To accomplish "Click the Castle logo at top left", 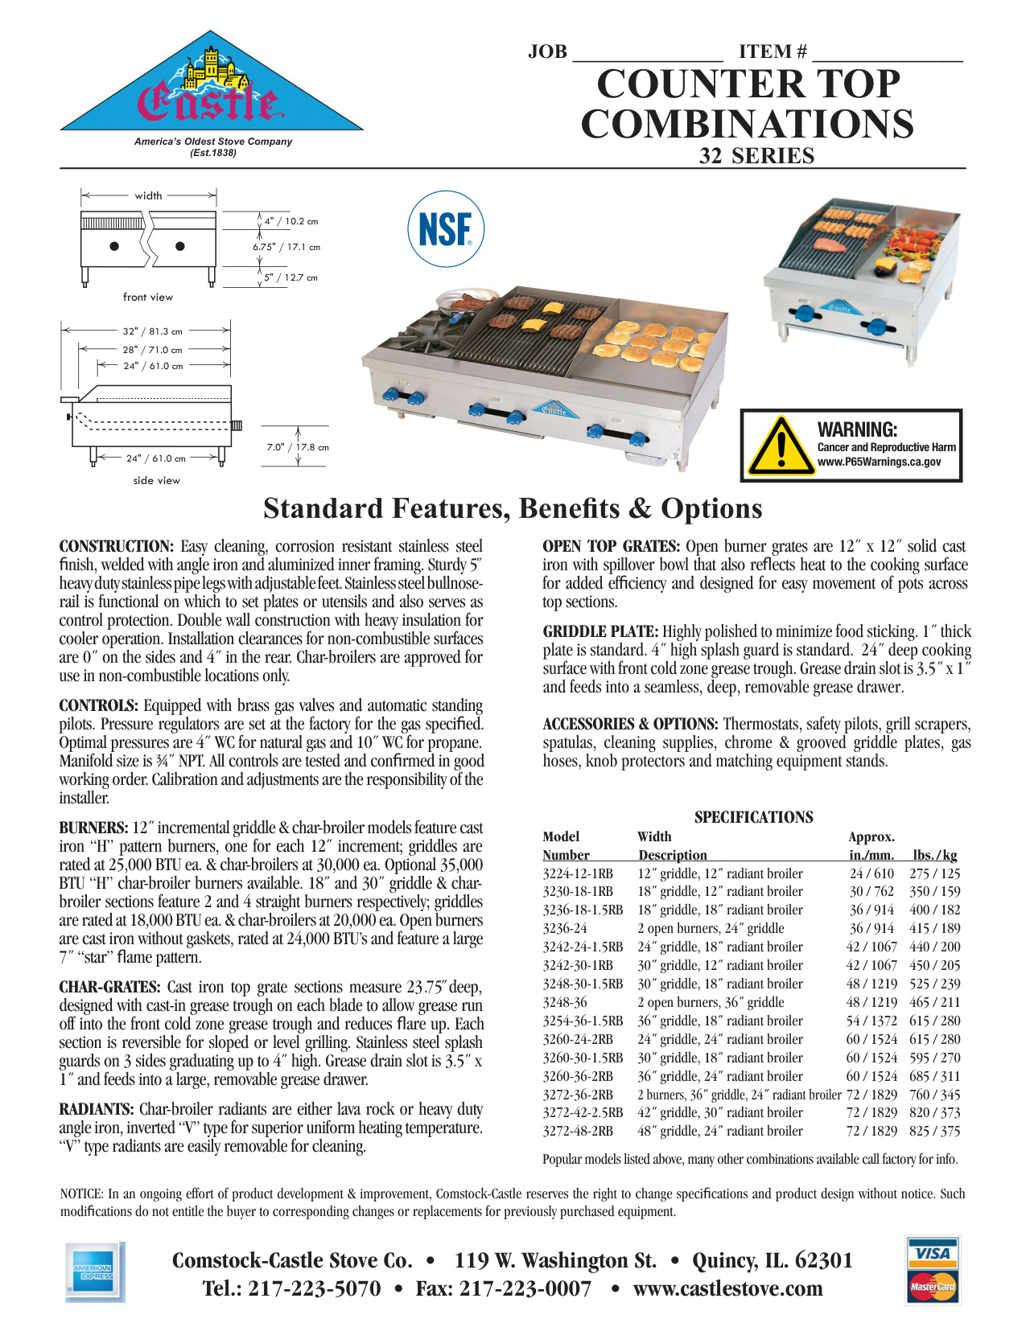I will click(211, 88).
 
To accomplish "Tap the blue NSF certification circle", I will click(446, 229).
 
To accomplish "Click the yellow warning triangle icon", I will click(780, 446).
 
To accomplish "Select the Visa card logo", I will click(933, 1252).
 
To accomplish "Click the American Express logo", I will click(93, 1272).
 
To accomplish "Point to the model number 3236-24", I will click(565, 928).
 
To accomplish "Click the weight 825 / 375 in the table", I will click(935, 1131).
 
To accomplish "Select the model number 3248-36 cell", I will click(565, 1002).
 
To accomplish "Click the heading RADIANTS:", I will click(97, 1110).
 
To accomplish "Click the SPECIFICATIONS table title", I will click(753, 817).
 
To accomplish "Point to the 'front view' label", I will click(148, 297).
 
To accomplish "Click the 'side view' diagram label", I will click(157, 480).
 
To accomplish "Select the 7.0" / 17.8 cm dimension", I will click(298, 447).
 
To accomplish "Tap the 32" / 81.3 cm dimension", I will click(153, 331).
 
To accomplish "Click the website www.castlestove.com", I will click(727, 1288).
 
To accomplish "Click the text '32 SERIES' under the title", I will click(756, 156).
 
